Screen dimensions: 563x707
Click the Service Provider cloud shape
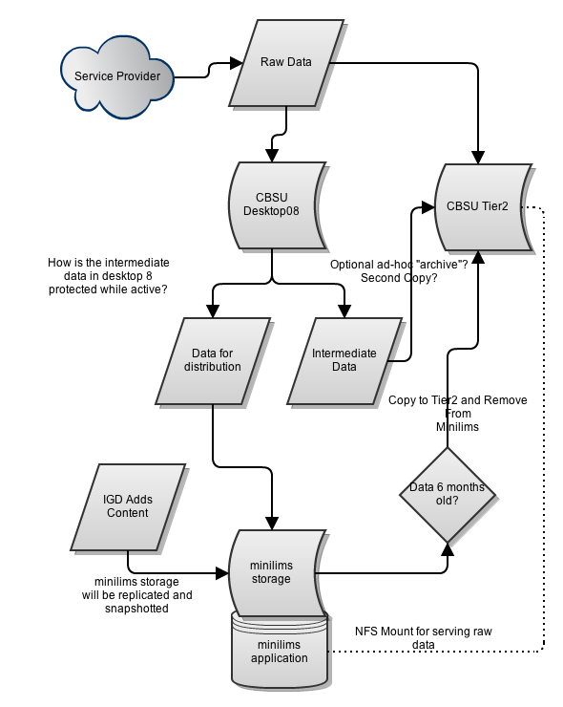(x=117, y=77)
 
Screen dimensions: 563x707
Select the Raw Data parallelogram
(x=286, y=63)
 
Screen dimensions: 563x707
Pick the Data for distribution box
(x=213, y=361)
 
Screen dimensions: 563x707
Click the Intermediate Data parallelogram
(x=344, y=361)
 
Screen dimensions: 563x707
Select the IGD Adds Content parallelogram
(x=128, y=507)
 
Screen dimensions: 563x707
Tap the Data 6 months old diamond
(x=448, y=495)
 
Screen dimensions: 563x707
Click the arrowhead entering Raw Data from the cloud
(x=237, y=63)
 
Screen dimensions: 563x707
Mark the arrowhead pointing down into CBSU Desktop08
(x=272, y=155)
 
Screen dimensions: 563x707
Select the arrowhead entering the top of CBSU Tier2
(x=478, y=157)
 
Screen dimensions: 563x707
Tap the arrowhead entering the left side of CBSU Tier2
(x=427, y=207)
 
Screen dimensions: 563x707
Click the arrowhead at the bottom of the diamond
(x=448, y=549)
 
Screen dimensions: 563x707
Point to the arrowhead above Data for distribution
(x=213, y=311)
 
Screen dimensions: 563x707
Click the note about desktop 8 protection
(x=108, y=276)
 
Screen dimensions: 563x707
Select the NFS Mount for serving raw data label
(x=424, y=637)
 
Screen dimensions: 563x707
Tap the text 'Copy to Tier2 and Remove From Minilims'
(x=458, y=413)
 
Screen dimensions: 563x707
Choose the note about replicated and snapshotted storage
(x=136, y=595)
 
